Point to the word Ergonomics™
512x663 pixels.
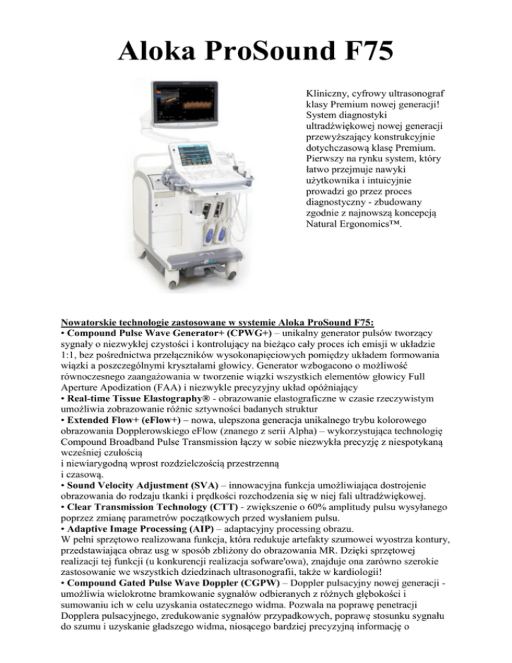[366, 231]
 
